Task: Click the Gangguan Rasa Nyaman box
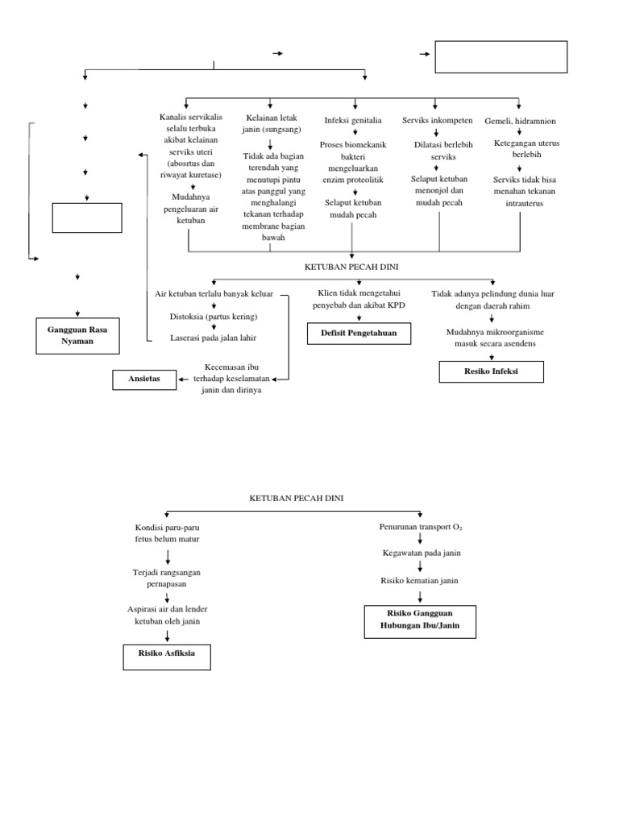pos(77,335)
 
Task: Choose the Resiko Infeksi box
pos(491,371)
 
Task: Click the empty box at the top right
pos(501,57)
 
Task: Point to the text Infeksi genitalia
pos(352,121)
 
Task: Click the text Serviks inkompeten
pos(437,121)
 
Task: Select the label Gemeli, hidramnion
pos(520,121)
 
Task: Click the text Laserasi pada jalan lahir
pos(213,337)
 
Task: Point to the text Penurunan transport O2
pos(421,527)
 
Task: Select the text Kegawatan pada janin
pos(421,553)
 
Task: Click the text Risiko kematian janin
pos(421,580)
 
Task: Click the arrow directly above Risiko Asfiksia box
pos(167,635)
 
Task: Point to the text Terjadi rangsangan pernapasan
pos(167,578)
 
